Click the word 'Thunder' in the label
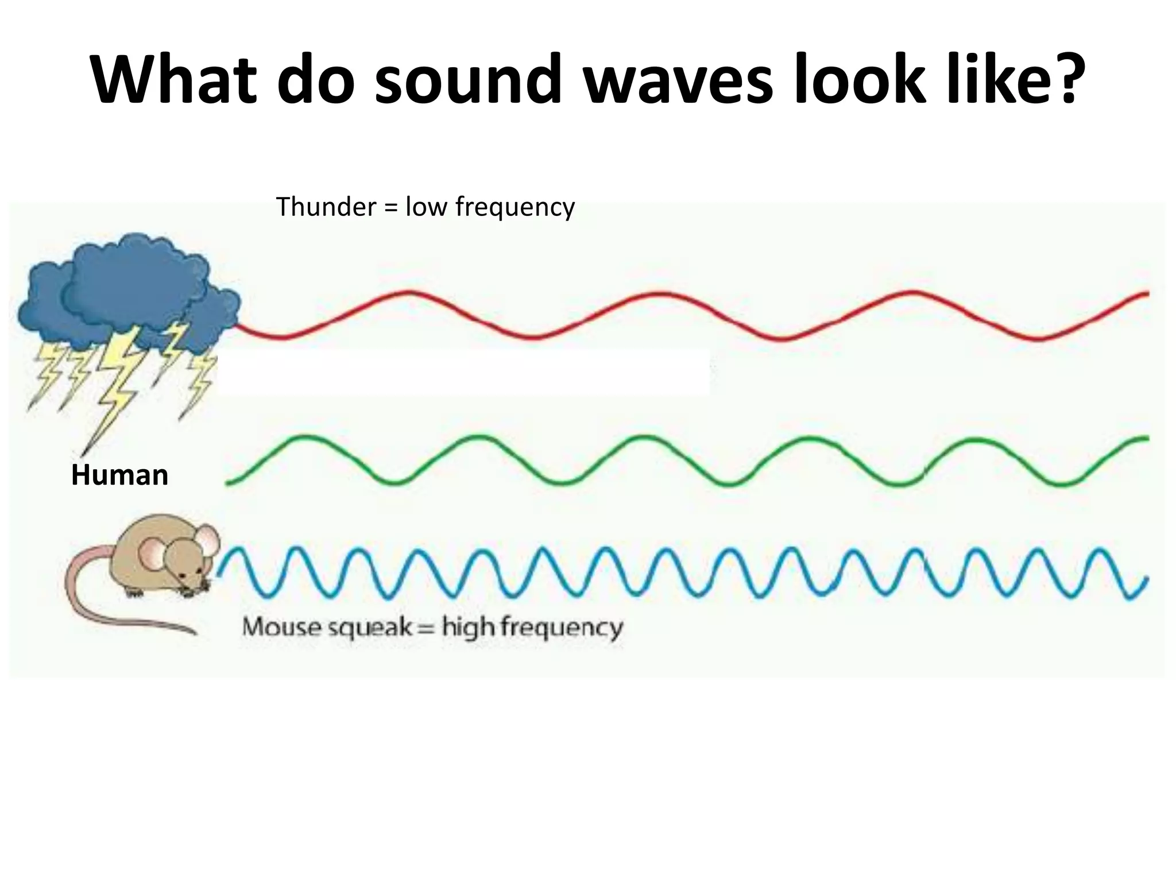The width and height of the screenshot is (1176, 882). [326, 207]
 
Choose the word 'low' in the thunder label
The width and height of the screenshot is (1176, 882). [426, 207]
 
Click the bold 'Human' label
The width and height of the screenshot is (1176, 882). [119, 475]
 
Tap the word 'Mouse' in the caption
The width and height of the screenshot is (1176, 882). [281, 626]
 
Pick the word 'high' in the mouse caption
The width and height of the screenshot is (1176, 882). [467, 628]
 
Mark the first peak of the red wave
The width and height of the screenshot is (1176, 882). [409, 293]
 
